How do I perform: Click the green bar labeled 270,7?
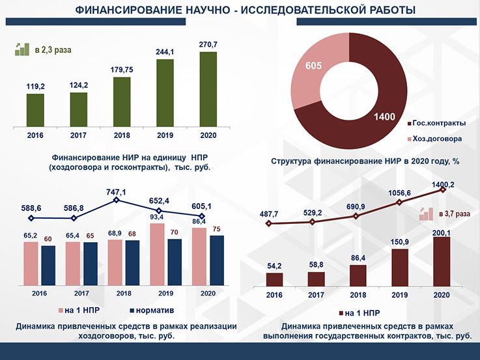pyautogui.click(x=208, y=90)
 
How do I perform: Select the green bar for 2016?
pyautogui.click(x=35, y=111)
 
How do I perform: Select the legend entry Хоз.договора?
pyautogui.click(x=437, y=139)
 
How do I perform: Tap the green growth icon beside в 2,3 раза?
pyautogui.click(x=22, y=49)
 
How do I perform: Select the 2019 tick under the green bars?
pyautogui.click(x=165, y=135)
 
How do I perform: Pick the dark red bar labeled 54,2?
pyautogui.click(x=274, y=279)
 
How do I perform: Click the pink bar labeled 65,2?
pyautogui.click(x=31, y=263)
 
